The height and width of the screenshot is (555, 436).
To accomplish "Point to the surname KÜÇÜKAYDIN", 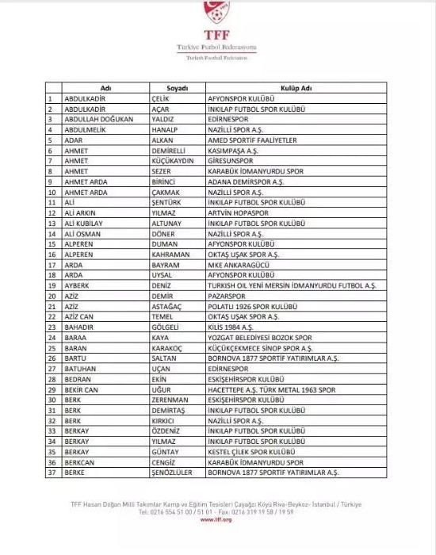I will pyautogui.click(x=171, y=164).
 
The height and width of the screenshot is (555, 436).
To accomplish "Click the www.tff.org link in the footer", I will pyautogui.click(x=217, y=521).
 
